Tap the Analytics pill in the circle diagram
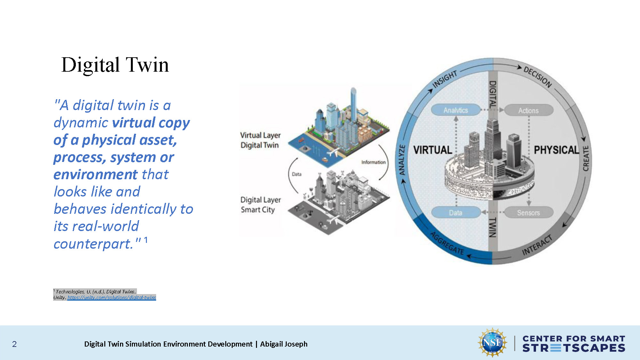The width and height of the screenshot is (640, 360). (x=456, y=110)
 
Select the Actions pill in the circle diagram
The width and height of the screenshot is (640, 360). (x=528, y=110)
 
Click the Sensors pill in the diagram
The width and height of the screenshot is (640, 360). (x=528, y=212)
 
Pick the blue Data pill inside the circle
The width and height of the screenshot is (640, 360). (x=455, y=212)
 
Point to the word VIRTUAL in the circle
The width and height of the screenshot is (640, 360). (x=432, y=150)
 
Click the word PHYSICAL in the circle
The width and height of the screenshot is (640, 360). (x=556, y=150)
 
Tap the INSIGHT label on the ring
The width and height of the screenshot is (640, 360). (x=445, y=79)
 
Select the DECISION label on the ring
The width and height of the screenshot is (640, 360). (x=538, y=77)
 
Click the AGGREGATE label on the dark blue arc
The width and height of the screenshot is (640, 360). (x=447, y=244)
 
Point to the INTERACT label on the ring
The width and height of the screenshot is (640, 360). (x=537, y=245)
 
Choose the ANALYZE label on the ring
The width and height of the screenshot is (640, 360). (x=402, y=160)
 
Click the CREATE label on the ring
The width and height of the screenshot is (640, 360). (x=586, y=158)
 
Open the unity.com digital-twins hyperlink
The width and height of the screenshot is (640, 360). (x=112, y=298)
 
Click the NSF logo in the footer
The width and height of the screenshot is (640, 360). (x=492, y=342)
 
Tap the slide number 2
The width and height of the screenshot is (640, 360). (x=14, y=344)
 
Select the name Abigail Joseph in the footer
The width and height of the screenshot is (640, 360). (x=284, y=344)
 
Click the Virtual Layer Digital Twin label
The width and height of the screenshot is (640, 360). (x=260, y=140)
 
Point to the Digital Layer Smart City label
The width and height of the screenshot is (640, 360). (x=260, y=205)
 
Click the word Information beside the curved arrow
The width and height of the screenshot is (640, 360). (x=373, y=162)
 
